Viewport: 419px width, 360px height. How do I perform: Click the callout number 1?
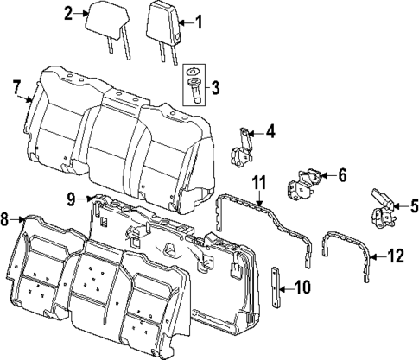[200, 21]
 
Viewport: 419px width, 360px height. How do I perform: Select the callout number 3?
[215, 87]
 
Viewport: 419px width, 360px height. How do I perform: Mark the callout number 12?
[397, 256]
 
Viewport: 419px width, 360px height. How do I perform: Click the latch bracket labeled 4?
[241, 147]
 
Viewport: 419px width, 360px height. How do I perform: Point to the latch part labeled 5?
[381, 207]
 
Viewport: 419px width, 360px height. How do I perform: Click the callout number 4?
[270, 132]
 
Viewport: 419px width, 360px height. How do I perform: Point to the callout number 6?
[341, 176]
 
